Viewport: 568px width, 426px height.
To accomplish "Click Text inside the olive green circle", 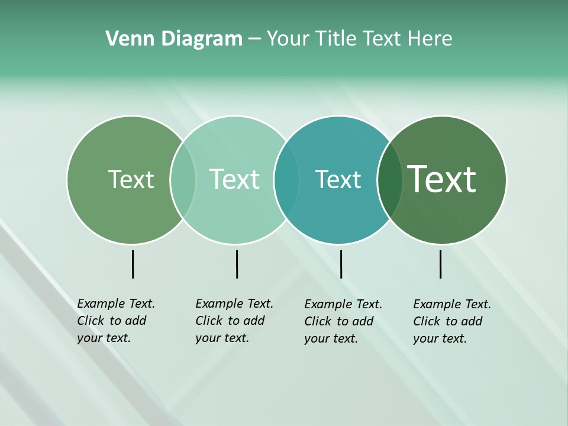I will (131, 179).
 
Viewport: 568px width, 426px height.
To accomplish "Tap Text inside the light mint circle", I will (234, 179).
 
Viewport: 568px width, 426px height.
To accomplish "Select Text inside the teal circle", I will (338, 179).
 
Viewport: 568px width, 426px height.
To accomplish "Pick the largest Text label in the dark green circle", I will (441, 179).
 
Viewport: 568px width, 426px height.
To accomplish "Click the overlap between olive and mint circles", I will (183, 180).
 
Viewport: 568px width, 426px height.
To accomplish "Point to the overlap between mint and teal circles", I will (286, 180).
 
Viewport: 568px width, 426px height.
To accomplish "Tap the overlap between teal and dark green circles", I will (389, 180).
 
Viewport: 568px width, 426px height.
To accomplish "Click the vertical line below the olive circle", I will (133, 264).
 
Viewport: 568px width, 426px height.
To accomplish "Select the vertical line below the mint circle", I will (237, 264).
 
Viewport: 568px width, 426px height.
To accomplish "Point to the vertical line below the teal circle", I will (341, 264).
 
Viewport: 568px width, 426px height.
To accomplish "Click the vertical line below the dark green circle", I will (440, 264).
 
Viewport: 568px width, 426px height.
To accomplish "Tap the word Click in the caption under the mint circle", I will (209, 321).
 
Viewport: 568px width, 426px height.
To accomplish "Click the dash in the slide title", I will (254, 40).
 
